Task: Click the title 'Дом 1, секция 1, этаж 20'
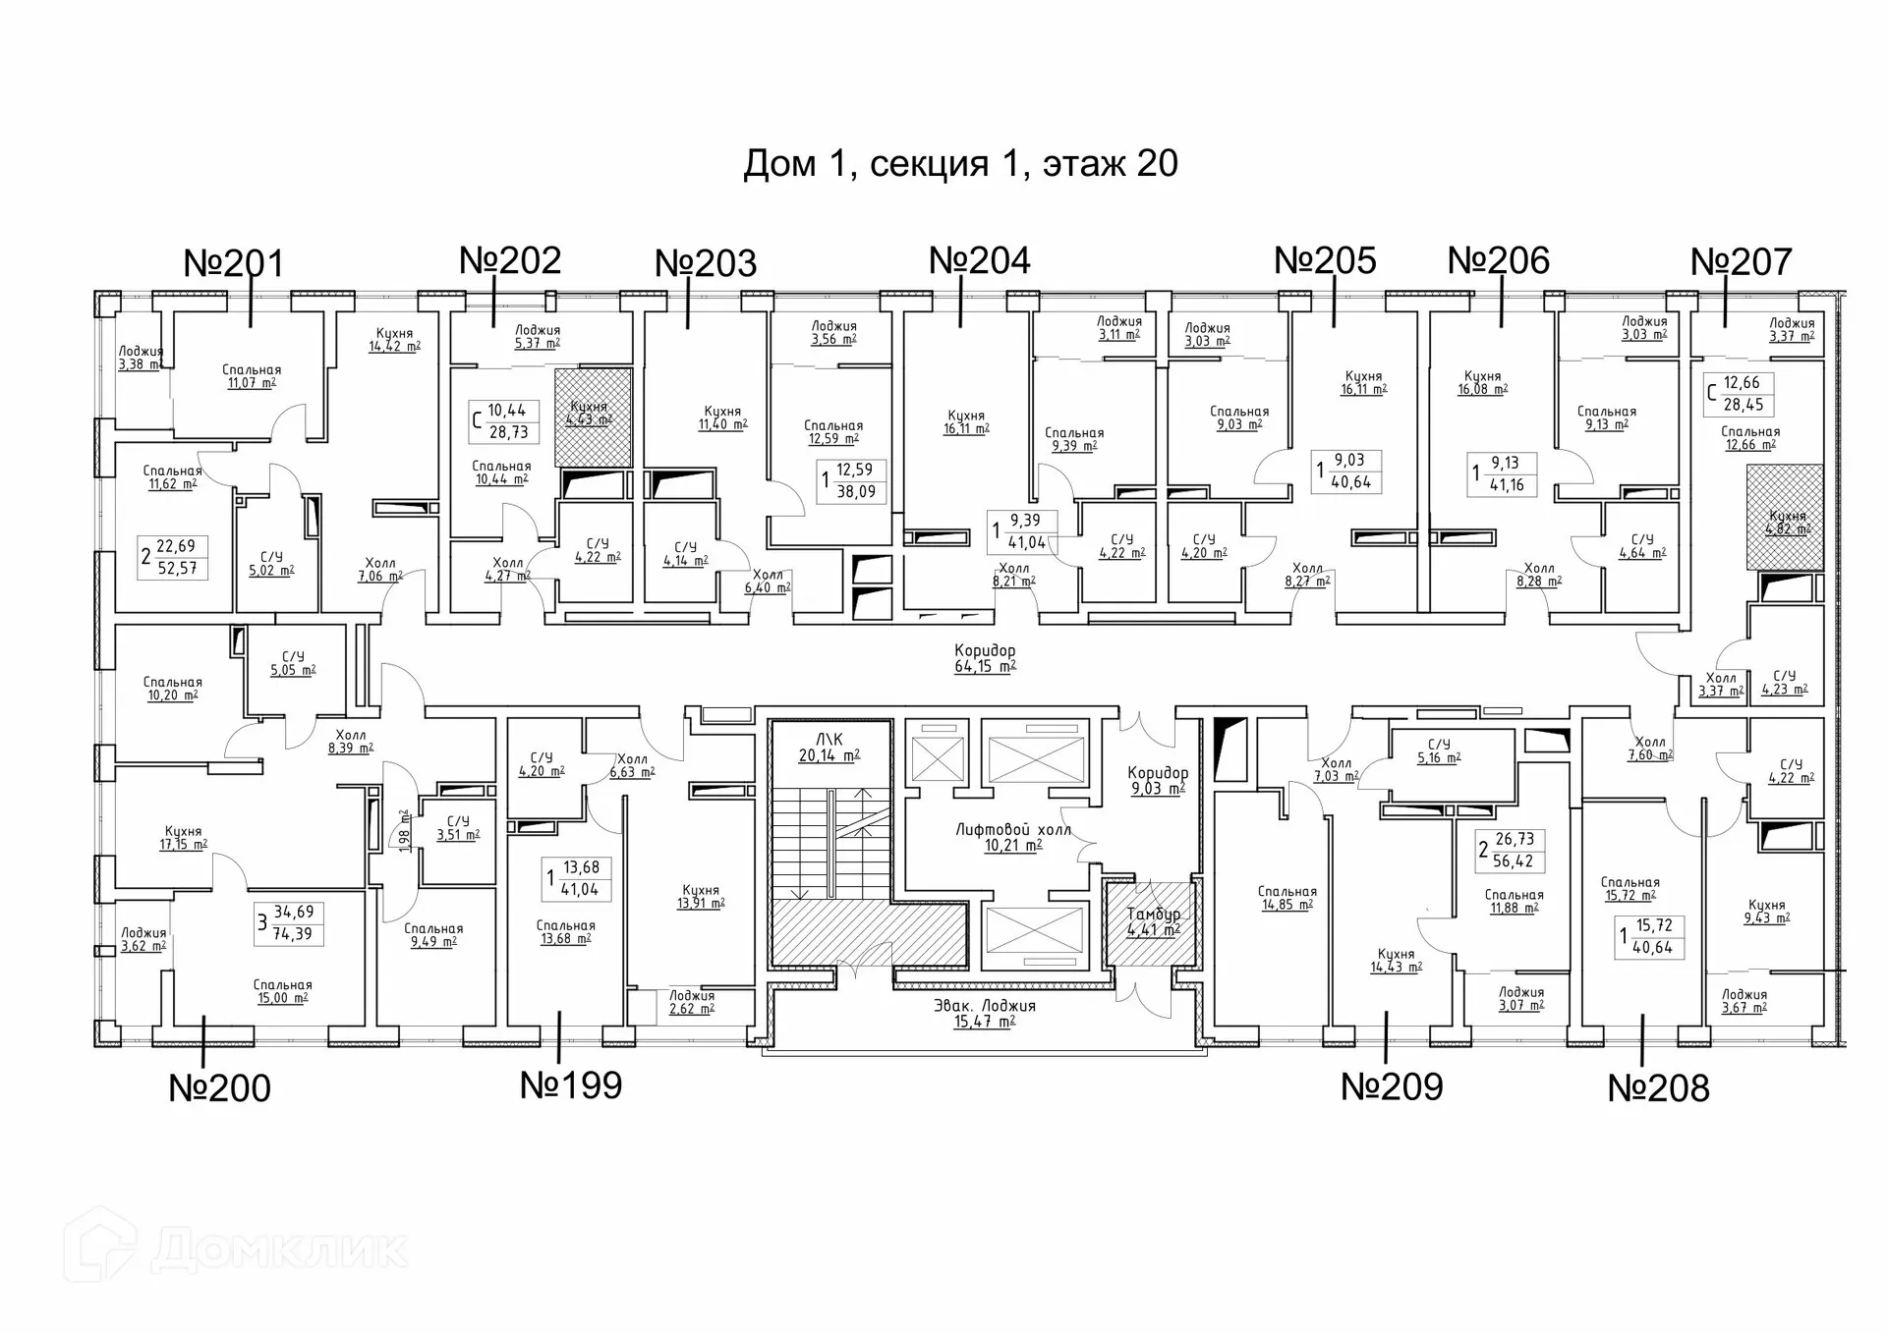960,163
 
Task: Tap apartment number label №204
980,260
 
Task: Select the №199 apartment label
571,1085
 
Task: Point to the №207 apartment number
1742,262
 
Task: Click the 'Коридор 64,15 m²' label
985,658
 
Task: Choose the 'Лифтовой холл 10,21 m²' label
1013,837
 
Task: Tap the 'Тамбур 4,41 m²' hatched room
1153,921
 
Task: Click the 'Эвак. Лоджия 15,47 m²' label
984,1013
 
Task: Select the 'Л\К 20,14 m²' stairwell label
829,748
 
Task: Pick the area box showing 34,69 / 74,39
288,922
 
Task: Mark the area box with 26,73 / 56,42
1512,850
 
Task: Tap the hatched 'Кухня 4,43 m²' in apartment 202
593,417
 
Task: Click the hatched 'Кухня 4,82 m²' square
1785,519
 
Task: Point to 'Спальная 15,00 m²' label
282,991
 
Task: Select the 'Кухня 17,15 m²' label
184,837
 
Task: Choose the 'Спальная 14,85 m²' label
1287,898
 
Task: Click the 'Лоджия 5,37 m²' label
537,337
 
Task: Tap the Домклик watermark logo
236,1250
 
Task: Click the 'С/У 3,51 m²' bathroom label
458,828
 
